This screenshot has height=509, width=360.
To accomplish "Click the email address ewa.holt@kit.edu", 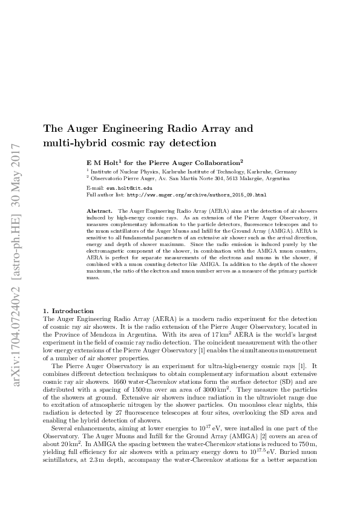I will coord(122,189).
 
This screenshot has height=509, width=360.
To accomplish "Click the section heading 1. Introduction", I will coord(68,311).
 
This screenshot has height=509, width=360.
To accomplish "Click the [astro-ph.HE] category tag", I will coord(18,248).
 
